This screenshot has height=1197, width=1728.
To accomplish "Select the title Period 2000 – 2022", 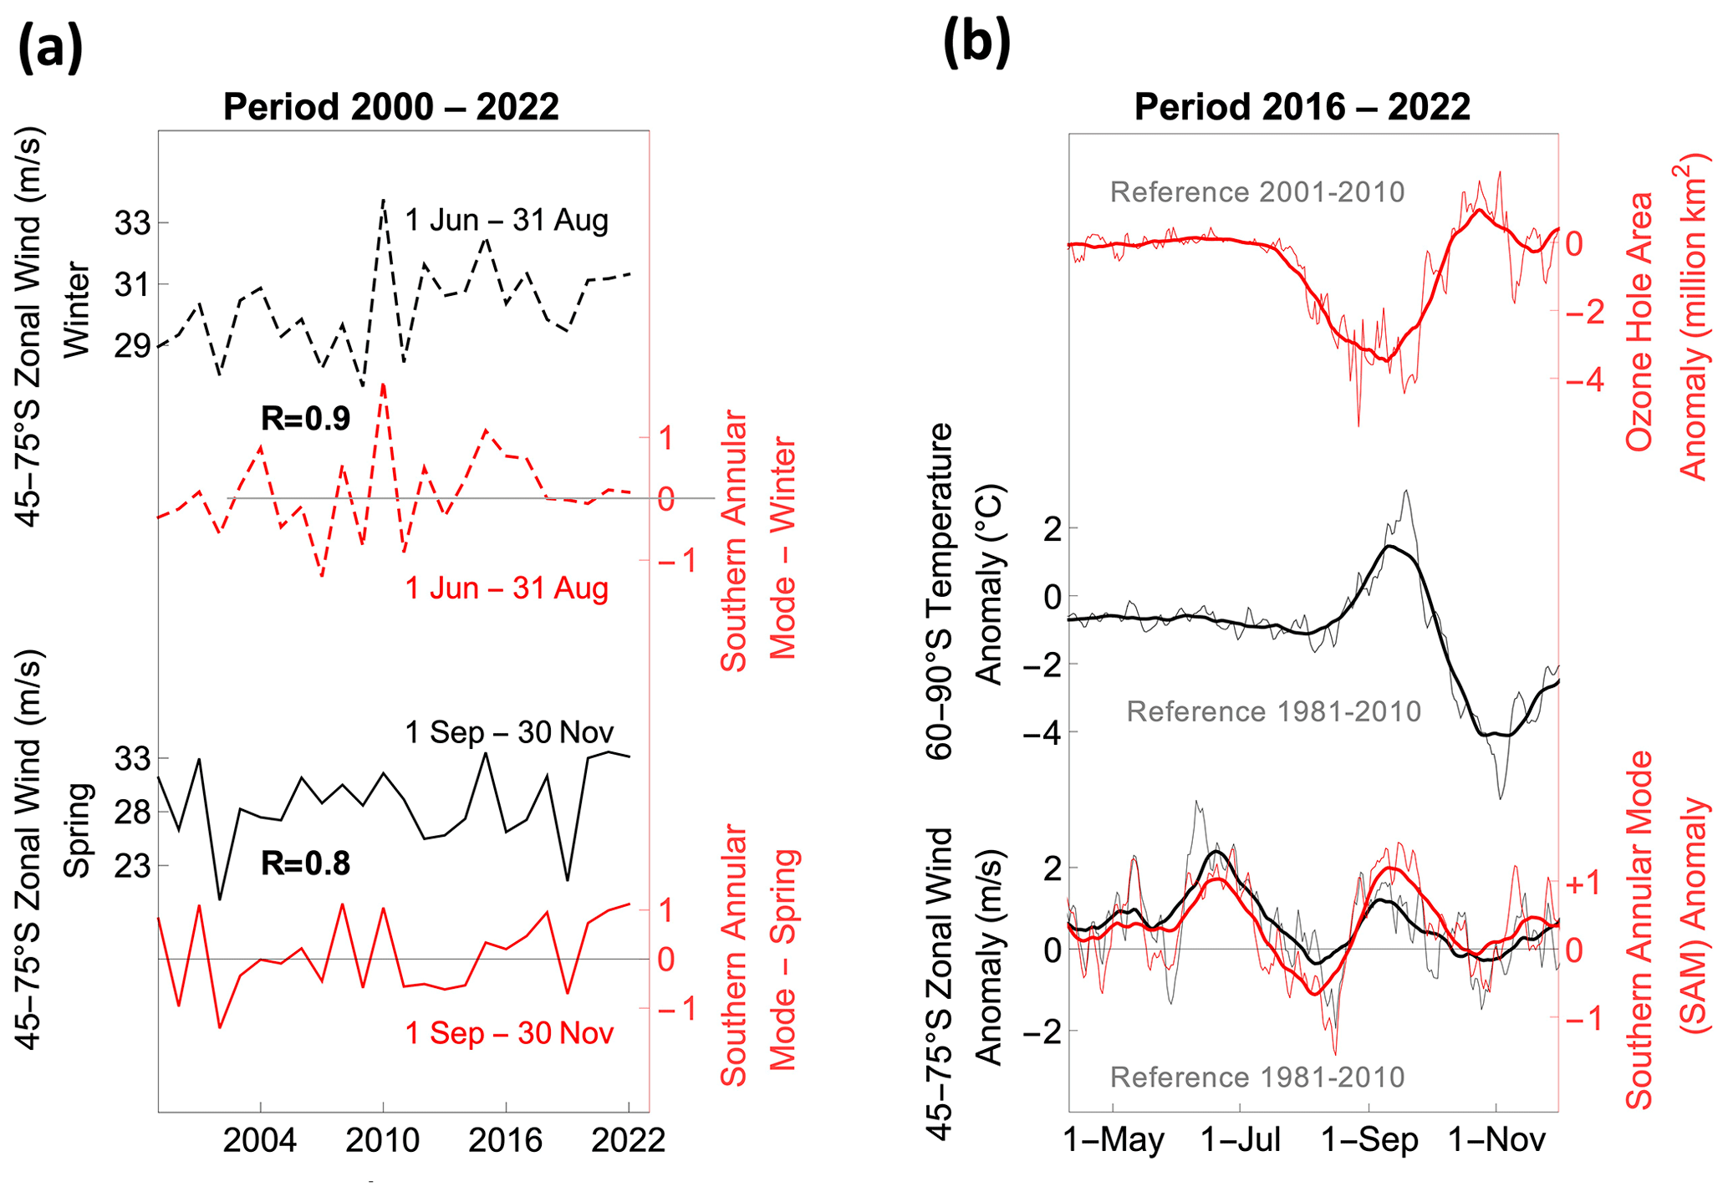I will pyautogui.click(x=391, y=107).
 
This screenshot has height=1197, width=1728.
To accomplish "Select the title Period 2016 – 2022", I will pyautogui.click(x=1302, y=107).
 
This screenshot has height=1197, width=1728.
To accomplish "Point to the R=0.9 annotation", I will pyautogui.click(x=305, y=418).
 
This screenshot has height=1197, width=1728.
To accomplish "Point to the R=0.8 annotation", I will pyautogui.click(x=305, y=863).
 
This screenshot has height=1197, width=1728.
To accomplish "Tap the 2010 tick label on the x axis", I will pyautogui.click(x=383, y=1140).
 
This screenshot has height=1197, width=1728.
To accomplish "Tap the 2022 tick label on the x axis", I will pyautogui.click(x=628, y=1140).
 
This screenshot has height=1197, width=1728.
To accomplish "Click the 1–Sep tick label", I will pyautogui.click(x=1369, y=1140).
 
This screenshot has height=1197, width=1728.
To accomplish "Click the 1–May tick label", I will pyautogui.click(x=1114, y=1140).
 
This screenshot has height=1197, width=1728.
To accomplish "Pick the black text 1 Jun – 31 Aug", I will pyautogui.click(x=507, y=221).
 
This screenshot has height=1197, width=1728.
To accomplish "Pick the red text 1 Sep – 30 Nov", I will pyautogui.click(x=509, y=1033).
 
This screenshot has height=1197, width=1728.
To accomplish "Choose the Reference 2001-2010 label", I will pyautogui.click(x=1256, y=192).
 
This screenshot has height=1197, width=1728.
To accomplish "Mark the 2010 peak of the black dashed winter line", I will pyautogui.click(x=383, y=200).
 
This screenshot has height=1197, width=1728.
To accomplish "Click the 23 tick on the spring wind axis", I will pyautogui.click(x=132, y=865).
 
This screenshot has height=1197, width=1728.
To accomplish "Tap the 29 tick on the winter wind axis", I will pyautogui.click(x=132, y=345).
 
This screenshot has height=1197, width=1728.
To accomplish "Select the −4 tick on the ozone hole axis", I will pyautogui.click(x=1583, y=380).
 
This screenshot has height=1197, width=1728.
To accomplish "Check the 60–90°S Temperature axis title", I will pyautogui.click(x=940, y=590).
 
